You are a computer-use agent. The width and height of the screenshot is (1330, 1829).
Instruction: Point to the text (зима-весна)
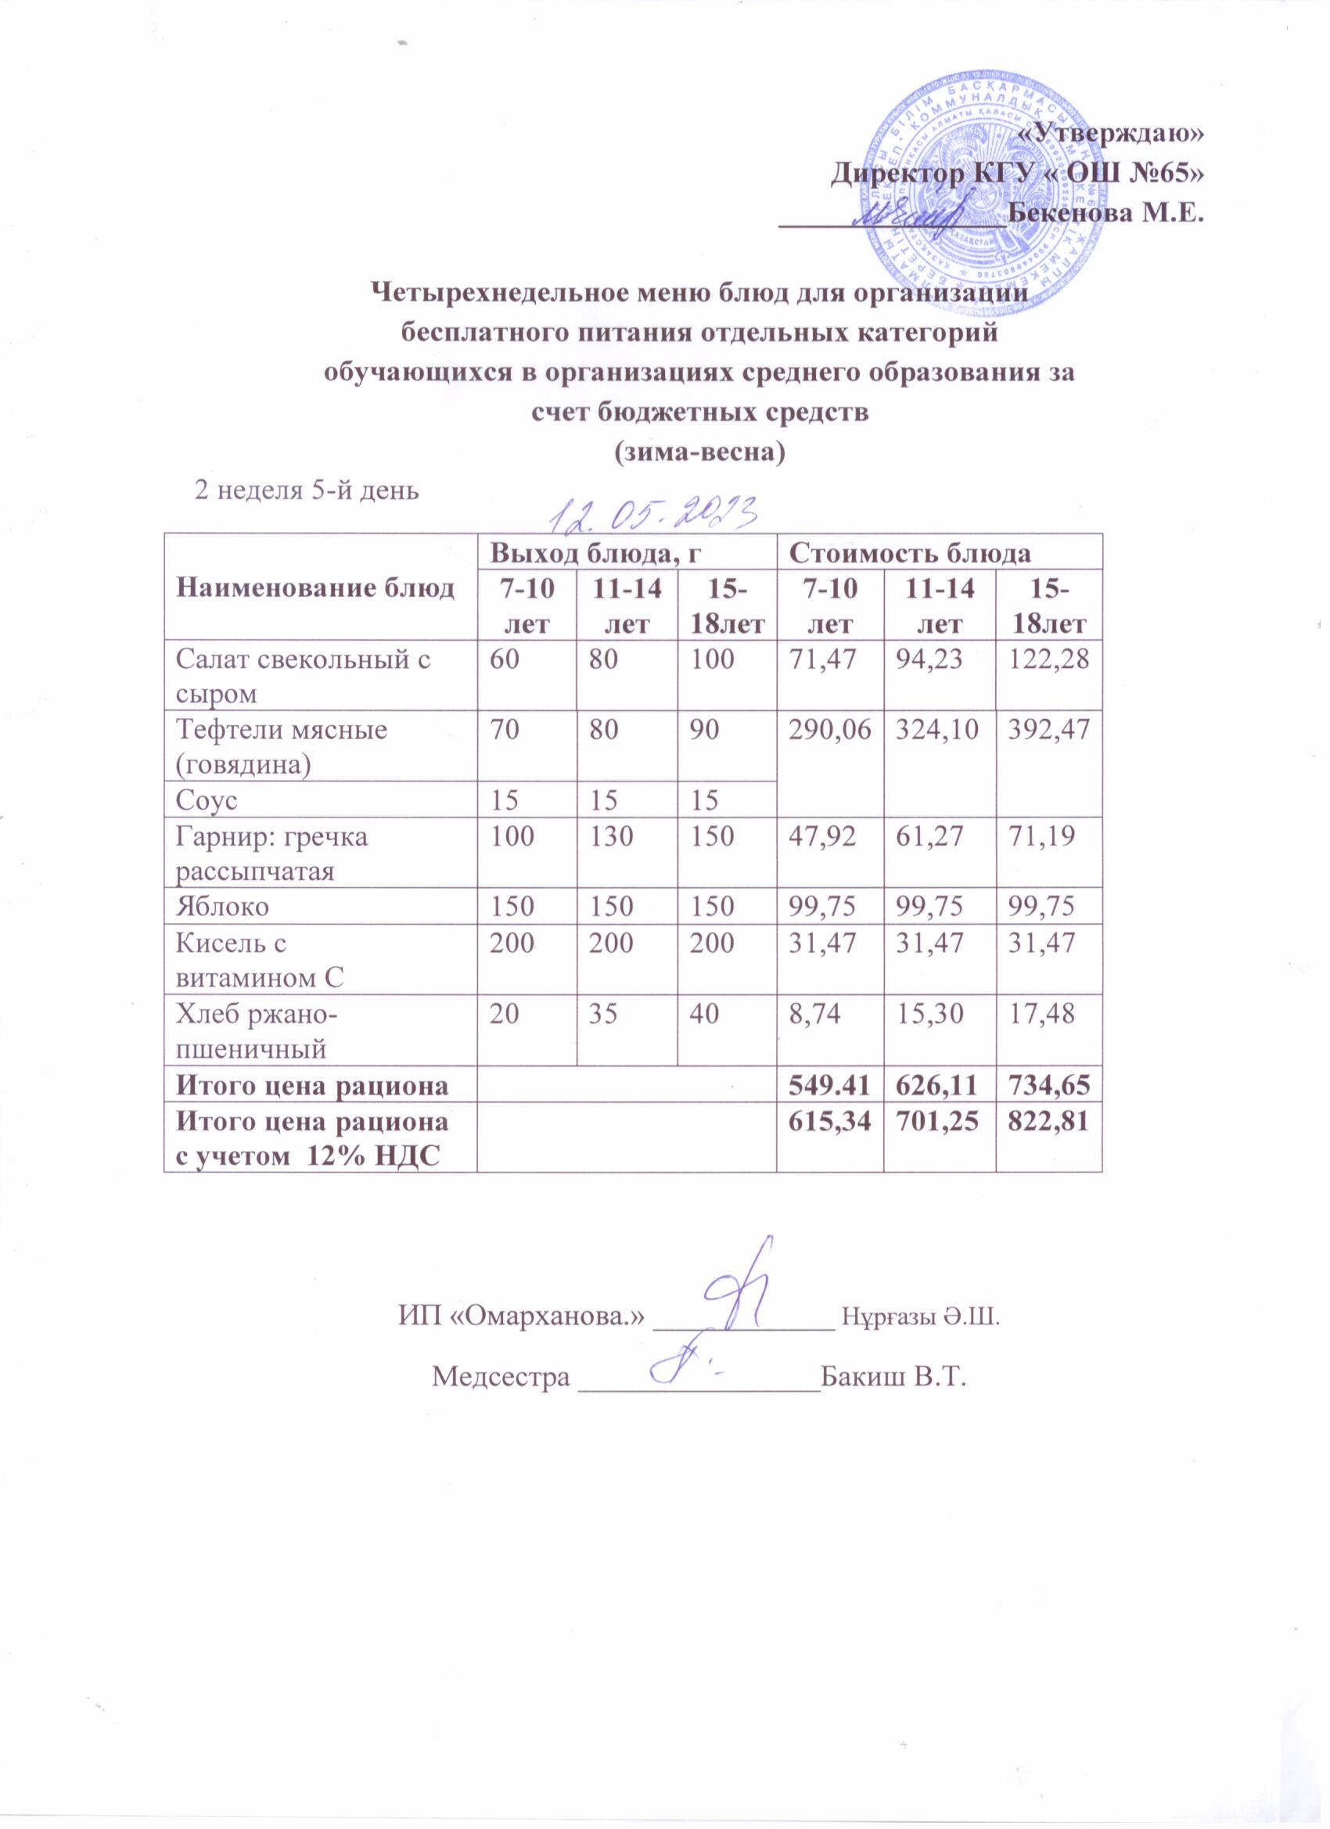pos(699,451)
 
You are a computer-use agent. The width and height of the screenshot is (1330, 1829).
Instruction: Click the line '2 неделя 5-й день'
pos(305,490)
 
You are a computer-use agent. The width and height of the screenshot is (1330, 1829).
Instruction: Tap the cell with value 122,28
pos(1048,659)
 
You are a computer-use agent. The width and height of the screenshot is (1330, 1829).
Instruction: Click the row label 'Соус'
pos(207,800)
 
